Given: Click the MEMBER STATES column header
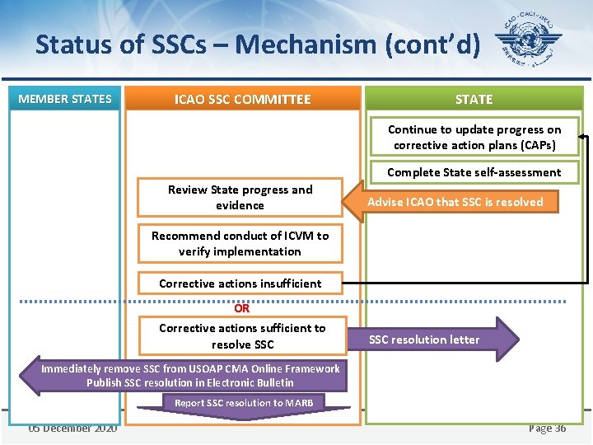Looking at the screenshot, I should (65, 99).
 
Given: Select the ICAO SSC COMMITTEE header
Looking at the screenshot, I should (242, 100).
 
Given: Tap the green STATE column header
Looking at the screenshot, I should (474, 99).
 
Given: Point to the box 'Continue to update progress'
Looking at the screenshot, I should (474, 137).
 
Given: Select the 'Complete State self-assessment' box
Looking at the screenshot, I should (474, 172).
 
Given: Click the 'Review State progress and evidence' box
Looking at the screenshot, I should (240, 197).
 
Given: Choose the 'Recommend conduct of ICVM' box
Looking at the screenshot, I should (240, 243).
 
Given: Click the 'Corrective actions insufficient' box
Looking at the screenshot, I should (240, 283).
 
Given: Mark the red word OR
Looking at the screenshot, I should (241, 309).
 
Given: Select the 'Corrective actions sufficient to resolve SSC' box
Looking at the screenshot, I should (242, 335).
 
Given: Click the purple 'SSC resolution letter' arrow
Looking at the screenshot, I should (437, 340).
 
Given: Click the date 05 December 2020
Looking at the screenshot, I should (72, 428).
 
